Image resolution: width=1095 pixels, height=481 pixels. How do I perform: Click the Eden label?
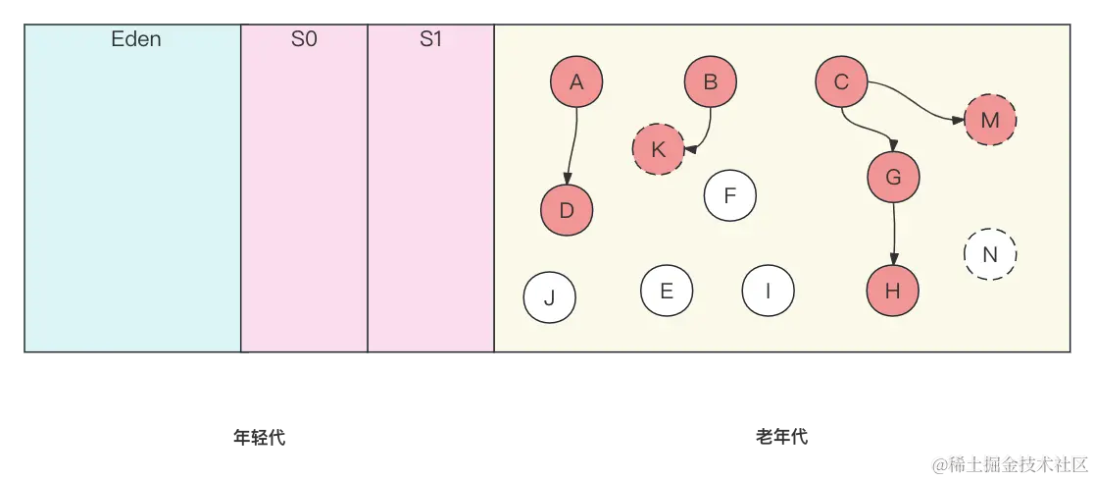135,40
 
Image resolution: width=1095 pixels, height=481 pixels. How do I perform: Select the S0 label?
304,41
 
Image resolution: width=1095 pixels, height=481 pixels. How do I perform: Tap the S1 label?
430,41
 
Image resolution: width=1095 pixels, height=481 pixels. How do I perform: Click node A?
576,82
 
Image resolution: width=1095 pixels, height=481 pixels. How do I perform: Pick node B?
711,82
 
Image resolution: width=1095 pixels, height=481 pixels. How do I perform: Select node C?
841,82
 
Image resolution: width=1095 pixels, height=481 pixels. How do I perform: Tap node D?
567,210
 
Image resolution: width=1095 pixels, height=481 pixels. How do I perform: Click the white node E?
667,291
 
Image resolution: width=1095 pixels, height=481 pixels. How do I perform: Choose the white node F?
729,195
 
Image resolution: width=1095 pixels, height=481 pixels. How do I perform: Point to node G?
893,178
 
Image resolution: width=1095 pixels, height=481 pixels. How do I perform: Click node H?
892,291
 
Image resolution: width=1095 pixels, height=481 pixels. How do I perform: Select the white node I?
768,291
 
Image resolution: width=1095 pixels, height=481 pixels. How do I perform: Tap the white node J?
549,298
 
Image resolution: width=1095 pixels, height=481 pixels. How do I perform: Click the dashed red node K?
658,149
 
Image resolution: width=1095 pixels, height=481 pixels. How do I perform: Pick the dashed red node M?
990,120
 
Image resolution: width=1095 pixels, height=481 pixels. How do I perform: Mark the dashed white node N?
990,254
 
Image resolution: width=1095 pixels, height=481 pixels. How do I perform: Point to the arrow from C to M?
917,101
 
